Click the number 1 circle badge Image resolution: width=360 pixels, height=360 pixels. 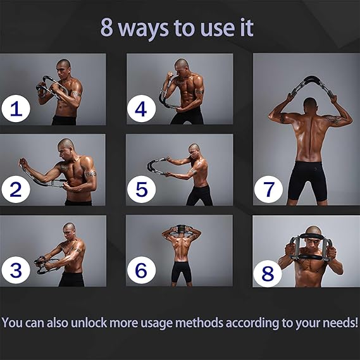(x=16, y=109)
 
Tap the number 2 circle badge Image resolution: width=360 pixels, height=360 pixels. (x=16, y=189)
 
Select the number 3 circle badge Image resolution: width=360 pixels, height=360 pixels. (x=16, y=270)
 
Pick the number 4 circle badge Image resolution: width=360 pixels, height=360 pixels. (x=141, y=109)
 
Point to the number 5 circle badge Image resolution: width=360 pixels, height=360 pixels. (x=141, y=189)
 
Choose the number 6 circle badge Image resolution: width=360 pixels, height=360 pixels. (x=141, y=270)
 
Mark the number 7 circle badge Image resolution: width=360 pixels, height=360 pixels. (x=268, y=189)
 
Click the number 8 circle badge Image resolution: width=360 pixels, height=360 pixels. (x=267, y=273)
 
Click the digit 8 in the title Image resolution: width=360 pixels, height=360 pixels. (x=107, y=28)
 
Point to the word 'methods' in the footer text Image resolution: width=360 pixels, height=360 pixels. (x=199, y=323)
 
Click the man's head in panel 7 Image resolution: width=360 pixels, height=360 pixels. (x=311, y=105)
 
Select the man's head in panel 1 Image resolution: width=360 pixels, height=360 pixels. (x=64, y=68)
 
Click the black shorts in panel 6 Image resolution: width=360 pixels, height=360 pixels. (x=182, y=272)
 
